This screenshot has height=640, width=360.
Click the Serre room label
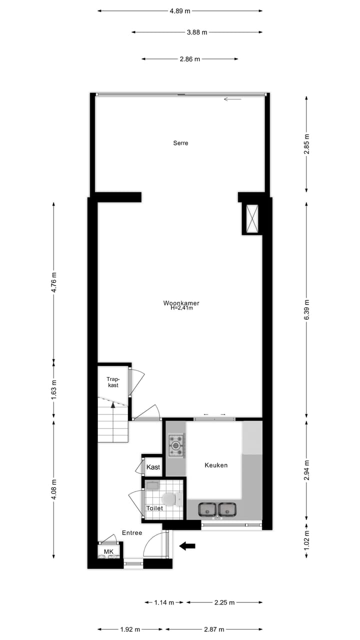(x=180, y=143)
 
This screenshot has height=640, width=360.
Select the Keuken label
(x=216, y=465)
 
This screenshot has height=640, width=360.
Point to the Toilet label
(x=154, y=508)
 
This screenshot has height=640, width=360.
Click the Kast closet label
(x=153, y=467)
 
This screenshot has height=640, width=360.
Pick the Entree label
(x=132, y=532)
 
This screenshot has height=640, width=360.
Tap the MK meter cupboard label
(x=108, y=551)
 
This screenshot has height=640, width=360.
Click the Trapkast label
(x=113, y=382)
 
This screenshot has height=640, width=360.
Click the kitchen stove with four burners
(x=176, y=445)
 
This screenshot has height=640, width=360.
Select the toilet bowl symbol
(x=169, y=498)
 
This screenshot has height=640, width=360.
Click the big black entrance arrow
(x=187, y=546)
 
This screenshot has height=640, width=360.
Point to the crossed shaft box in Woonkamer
(x=251, y=218)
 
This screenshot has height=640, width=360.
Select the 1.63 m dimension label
(x=54, y=388)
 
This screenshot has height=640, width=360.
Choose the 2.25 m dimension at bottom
(x=224, y=602)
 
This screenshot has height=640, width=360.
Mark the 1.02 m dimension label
(x=306, y=540)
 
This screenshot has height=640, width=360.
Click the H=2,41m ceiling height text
(x=181, y=308)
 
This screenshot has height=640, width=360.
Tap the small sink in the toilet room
(x=152, y=485)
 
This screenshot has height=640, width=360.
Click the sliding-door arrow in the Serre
(x=232, y=99)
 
